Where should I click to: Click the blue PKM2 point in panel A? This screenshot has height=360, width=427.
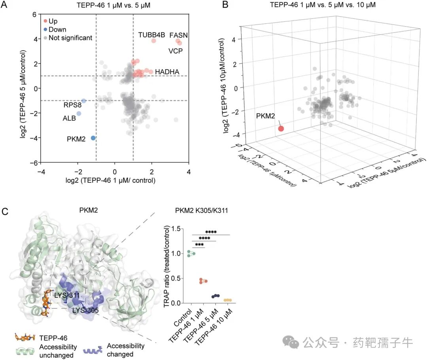click(x=93, y=138)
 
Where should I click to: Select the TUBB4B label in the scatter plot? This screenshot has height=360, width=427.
click(x=149, y=35)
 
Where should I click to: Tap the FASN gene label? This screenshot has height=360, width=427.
click(x=178, y=35)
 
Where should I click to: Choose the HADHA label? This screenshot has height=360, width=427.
click(x=167, y=72)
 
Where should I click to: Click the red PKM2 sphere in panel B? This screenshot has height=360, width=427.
click(x=281, y=129)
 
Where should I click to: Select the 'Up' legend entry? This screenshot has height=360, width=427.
click(x=53, y=21)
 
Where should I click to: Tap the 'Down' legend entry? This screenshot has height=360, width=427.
click(x=57, y=29)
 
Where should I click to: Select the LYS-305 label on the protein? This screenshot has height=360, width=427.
click(x=85, y=310)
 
